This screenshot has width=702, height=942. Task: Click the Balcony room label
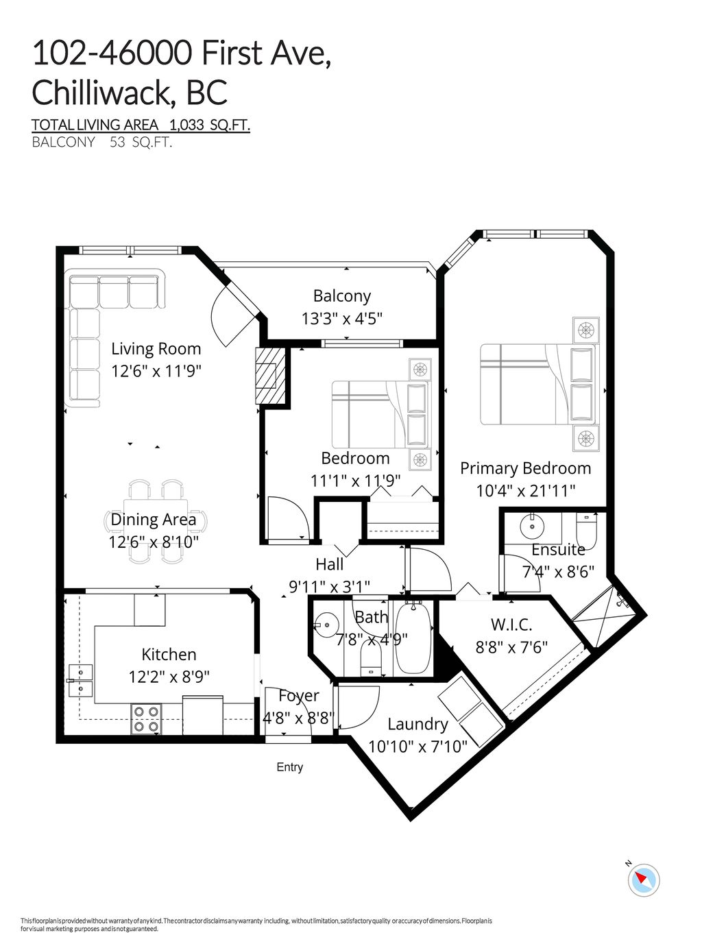click(x=341, y=296)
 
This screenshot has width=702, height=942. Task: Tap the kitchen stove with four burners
click(x=146, y=719)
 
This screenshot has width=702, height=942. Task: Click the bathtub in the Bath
click(x=413, y=638)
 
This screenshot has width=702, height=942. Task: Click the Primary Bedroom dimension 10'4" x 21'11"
click(x=525, y=491)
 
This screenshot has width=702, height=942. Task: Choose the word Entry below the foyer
click(x=289, y=767)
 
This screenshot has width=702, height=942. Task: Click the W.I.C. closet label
click(x=511, y=625)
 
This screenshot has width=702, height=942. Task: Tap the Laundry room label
click(x=417, y=724)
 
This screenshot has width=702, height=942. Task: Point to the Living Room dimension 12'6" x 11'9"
click(x=156, y=371)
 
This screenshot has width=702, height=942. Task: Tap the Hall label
click(x=329, y=564)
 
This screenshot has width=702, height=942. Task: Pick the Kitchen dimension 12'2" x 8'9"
click(x=169, y=677)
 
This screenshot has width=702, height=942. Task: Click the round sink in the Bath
click(x=326, y=625)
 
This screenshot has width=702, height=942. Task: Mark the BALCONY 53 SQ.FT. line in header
click(x=101, y=143)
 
